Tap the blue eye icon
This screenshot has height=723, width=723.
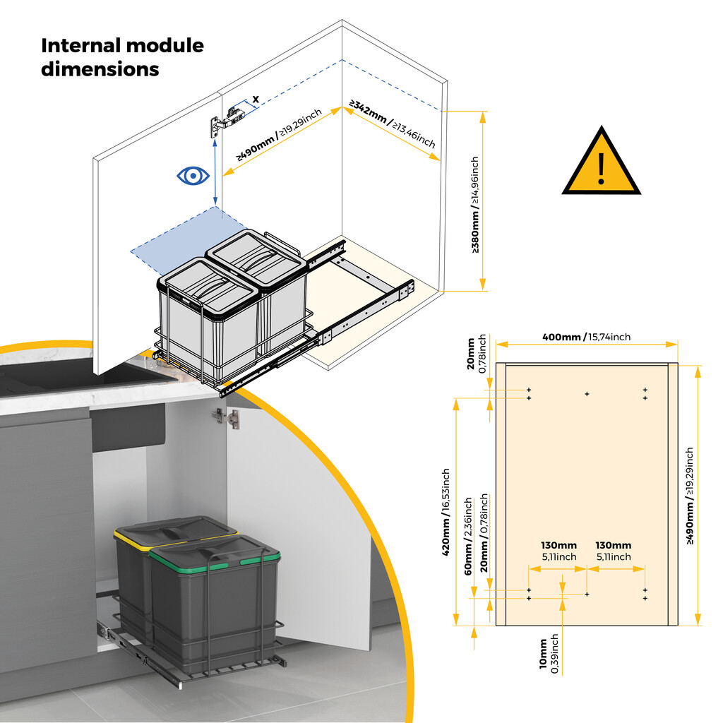tap(192, 176)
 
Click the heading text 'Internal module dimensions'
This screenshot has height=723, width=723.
tap(122, 58)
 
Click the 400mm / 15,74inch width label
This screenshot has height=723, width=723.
tap(586, 337)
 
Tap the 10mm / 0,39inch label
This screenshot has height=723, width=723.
tap(548, 655)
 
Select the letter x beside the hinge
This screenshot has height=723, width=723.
tap(255, 98)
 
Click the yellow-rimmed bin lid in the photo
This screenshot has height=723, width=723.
tap(174, 530)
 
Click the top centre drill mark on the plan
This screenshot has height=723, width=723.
tap(586, 393)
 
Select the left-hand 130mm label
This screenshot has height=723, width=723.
tap(558, 551)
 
